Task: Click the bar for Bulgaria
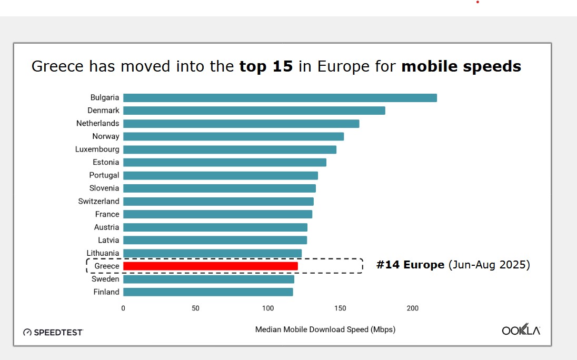(x=280, y=98)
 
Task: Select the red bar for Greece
(x=210, y=266)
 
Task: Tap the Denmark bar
(x=254, y=111)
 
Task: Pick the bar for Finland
(x=208, y=292)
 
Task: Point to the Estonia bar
(x=224, y=162)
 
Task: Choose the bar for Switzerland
(x=218, y=201)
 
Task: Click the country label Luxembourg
(x=97, y=149)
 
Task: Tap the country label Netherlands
(x=98, y=123)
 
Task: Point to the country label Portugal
(x=104, y=175)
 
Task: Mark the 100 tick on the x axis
(x=268, y=308)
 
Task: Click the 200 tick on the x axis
(x=412, y=308)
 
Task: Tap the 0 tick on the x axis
(x=123, y=308)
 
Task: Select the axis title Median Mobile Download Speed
(x=325, y=329)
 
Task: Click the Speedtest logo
(x=53, y=332)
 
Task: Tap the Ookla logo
(x=521, y=331)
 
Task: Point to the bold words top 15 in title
(x=266, y=66)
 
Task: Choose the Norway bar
(x=233, y=136)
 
